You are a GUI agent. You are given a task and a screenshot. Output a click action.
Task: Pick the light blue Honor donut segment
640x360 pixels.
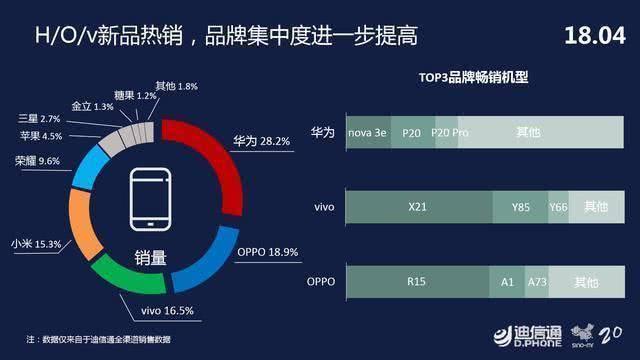coord(90,167)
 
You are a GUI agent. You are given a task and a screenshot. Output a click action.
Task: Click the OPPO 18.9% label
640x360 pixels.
coord(268,252)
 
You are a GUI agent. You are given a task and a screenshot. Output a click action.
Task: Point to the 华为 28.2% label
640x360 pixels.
coord(262,141)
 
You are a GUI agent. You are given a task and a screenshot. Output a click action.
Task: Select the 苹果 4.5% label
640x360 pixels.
coord(41,136)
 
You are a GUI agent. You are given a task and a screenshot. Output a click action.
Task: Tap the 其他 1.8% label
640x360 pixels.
coord(176,86)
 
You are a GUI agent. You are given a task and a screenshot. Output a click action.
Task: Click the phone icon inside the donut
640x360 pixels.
coord(150,199)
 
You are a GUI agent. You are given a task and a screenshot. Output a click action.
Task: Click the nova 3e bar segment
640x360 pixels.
coord(368,132)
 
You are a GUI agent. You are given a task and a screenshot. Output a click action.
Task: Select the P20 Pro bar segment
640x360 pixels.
coord(447,132)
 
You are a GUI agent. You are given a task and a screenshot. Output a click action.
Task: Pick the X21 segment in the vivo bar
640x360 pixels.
coord(419,207)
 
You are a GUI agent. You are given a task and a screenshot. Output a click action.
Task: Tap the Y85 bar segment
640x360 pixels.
coord(520,207)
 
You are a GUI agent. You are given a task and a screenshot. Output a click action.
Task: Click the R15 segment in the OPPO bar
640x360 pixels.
coord(417,282)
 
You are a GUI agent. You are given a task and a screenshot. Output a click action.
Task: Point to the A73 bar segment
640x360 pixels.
coord(537,282)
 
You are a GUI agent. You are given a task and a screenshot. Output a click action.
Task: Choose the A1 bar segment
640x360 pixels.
coord(507,282)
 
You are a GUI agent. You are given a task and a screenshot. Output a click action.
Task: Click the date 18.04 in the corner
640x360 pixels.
coord(595,36)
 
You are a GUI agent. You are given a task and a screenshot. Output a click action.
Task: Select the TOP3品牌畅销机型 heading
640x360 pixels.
coord(473,77)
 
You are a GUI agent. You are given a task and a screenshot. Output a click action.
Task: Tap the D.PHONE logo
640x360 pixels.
coord(527,337)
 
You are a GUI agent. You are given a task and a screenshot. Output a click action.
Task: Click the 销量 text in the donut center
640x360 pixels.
coord(151,258)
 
